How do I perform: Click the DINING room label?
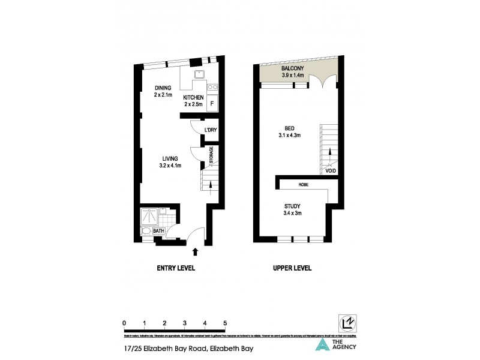[x=163, y=88]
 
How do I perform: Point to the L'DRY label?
[x=210, y=130]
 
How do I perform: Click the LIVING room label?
[x=164, y=157]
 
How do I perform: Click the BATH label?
[x=158, y=231]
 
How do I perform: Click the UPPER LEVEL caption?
[x=292, y=268]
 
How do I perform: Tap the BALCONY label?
[x=293, y=70]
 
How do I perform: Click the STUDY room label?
[x=293, y=206]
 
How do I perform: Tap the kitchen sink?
[x=200, y=75]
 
